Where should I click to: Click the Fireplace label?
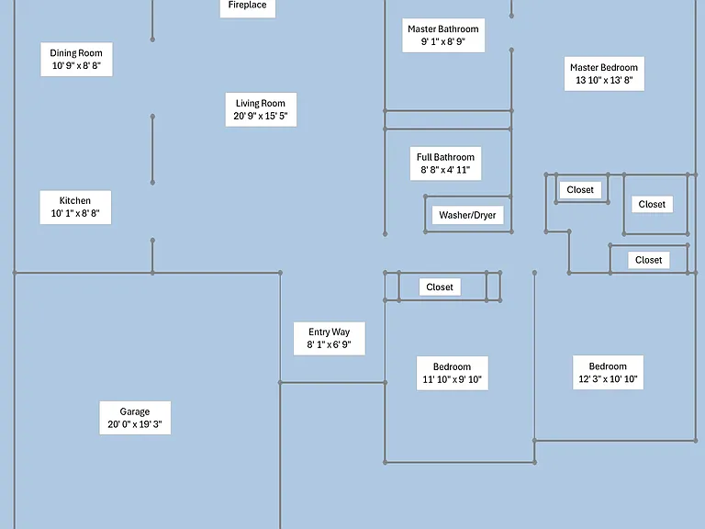[247, 6]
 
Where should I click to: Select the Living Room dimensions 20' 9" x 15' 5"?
[261, 116]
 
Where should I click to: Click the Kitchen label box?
[75, 208]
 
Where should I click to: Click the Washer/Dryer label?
[467, 215]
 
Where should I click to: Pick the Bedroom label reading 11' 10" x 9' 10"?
[453, 374]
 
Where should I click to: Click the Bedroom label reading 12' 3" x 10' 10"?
[608, 373]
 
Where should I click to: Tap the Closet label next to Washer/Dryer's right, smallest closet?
[580, 190]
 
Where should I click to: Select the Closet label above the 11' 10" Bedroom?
[440, 287]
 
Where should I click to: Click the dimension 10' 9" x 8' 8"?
[76, 66]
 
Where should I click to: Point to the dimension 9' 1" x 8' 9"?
[442, 42]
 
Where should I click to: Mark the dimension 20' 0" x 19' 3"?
[135, 424]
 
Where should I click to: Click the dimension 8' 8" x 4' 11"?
[445, 170]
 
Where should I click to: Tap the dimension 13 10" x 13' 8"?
[604, 80]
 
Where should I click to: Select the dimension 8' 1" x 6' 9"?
[330, 345]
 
